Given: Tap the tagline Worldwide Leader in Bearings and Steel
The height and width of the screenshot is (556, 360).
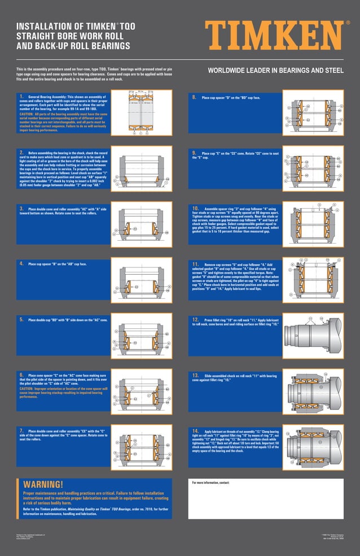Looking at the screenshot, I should [275, 70].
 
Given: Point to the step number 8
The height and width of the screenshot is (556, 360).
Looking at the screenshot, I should [194, 97].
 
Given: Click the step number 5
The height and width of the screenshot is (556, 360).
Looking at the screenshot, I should [21, 319].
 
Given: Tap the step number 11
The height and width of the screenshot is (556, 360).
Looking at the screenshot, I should [195, 263].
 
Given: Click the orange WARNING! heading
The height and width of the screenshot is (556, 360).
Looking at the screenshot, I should [43, 484].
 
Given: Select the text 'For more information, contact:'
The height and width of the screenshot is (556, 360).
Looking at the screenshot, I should [211, 483].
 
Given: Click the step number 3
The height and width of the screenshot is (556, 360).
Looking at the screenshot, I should [21, 208].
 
